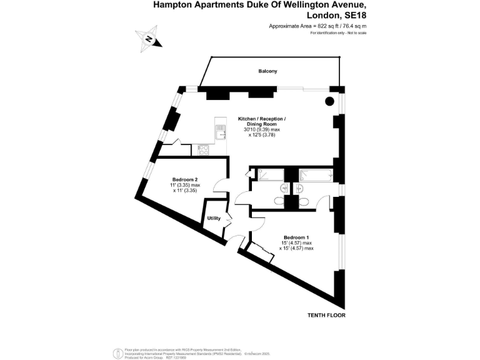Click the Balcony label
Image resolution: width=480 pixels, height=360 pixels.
tap(267, 71)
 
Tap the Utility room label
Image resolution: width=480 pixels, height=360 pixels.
tap(214, 218)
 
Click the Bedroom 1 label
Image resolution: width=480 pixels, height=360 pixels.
tap(296, 237)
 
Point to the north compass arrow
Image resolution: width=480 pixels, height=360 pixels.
tap(149, 38)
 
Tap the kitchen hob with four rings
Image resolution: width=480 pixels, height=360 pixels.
tap(204, 149)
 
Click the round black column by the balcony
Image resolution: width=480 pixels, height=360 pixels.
tap(329, 102)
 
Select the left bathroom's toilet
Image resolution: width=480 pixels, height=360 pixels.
tap(278, 201)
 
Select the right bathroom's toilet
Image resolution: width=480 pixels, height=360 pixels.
tap(305, 201)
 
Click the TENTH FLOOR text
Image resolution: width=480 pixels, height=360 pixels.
tap(326, 315)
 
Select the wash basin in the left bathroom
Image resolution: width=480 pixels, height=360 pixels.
tap(285, 187)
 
